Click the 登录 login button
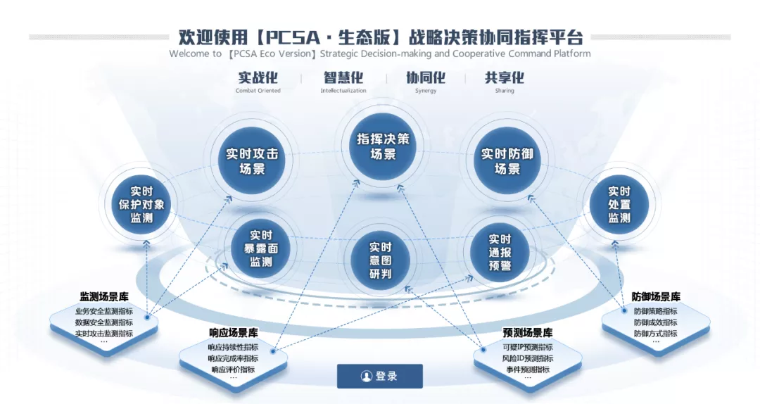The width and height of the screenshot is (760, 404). (379, 376)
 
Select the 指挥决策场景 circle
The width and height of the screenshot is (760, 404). (383, 146)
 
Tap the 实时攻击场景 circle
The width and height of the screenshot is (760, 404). (252, 161)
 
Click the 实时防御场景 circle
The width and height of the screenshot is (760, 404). (507, 161)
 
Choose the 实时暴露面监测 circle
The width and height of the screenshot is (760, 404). (261, 248)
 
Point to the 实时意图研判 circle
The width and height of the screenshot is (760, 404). (380, 260)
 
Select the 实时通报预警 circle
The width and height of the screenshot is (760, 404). (500, 252)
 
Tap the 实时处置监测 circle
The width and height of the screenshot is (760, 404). (619, 204)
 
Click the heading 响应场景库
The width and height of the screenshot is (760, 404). (233, 333)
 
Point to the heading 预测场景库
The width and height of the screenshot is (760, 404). (527, 333)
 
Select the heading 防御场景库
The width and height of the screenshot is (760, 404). (656, 296)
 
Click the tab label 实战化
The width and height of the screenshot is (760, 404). (258, 77)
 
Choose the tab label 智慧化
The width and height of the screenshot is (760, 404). (343, 77)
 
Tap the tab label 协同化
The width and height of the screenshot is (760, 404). (426, 77)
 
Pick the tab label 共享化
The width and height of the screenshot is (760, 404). (505, 77)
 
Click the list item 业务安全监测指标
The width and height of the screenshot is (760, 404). (104, 311)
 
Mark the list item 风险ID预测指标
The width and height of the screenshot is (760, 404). (527, 358)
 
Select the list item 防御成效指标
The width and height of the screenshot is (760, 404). (656, 322)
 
